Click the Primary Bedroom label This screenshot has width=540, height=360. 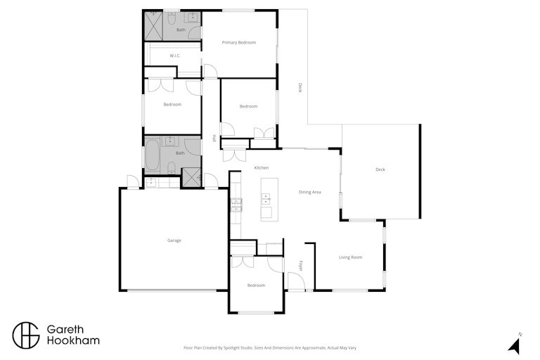238,43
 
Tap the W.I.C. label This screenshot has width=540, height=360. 175,56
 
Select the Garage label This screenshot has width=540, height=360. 174,240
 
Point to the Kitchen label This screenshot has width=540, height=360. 262,168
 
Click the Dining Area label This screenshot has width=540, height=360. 309,192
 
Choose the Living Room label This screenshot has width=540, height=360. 350,257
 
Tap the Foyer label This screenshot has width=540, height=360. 300,266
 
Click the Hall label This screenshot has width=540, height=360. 214,138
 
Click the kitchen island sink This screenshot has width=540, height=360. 266,199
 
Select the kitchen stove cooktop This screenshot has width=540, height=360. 236,205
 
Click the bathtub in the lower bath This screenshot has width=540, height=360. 152,155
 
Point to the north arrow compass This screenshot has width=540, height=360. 515,344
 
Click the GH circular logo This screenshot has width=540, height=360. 26,335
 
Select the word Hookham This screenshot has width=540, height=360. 73,341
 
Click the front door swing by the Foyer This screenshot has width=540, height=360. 296,281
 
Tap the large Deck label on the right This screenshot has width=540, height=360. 380,169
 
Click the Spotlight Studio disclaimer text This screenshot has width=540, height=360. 270,348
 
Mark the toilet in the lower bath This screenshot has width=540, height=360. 172,167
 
